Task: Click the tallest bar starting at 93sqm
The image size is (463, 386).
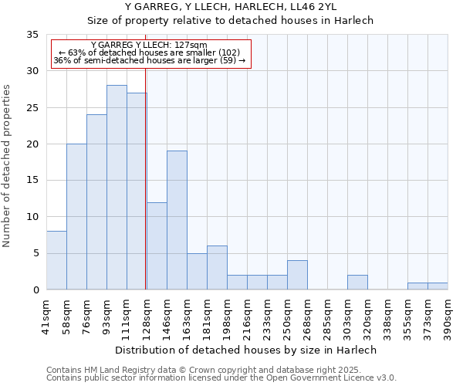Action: [x=117, y=187]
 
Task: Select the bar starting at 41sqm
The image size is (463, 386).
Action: [x=56, y=260]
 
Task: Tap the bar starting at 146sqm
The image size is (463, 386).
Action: [x=177, y=220]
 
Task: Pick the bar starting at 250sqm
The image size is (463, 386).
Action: [x=297, y=275]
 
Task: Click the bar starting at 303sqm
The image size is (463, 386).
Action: [x=357, y=283]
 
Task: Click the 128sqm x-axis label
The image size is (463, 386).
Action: [x=147, y=317]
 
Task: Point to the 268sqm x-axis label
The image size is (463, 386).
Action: [x=308, y=317]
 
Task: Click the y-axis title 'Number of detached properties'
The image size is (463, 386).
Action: [x=8, y=166]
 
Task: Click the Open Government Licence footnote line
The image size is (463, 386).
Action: [x=221, y=378]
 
